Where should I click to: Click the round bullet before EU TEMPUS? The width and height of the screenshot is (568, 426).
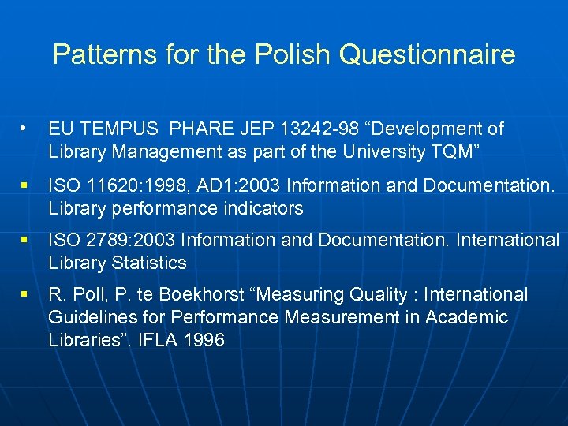pos(25,127)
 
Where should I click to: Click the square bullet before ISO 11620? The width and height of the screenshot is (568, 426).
pos(25,186)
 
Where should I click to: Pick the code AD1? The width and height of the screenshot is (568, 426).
pos(204,186)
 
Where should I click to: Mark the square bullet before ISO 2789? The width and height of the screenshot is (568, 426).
pos(25,241)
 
